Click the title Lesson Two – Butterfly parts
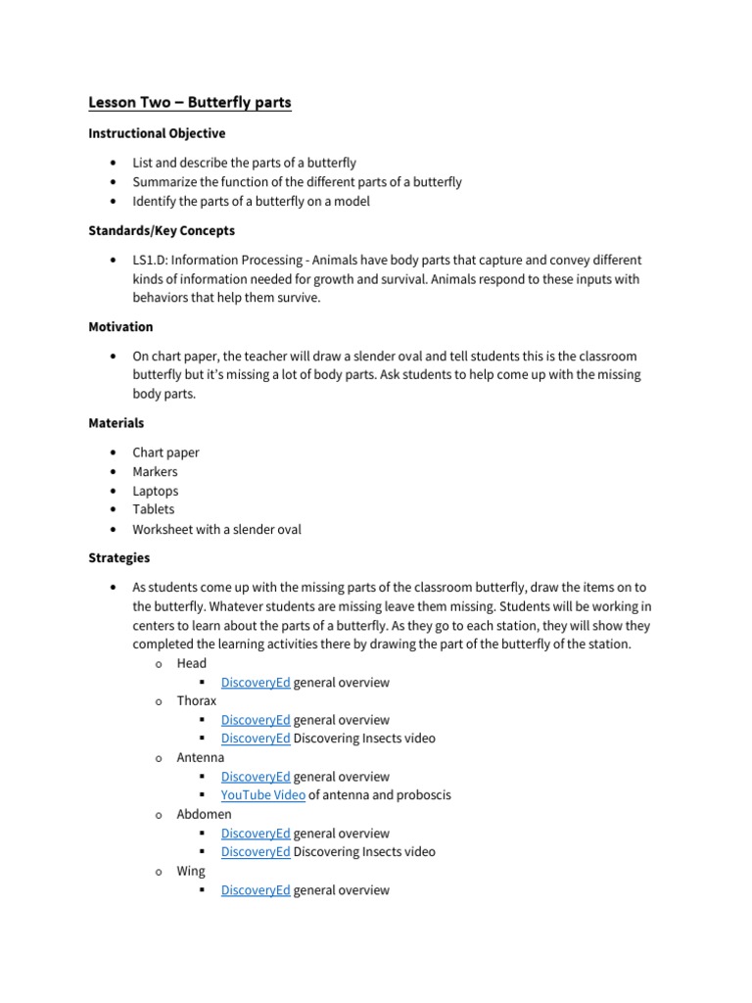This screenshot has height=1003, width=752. pyautogui.click(x=190, y=102)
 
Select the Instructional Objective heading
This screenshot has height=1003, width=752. pyautogui.click(x=157, y=133)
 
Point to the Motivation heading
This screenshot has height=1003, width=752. pyautogui.click(x=120, y=326)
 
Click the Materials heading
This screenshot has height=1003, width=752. pyautogui.click(x=117, y=423)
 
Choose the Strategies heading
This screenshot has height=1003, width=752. pyautogui.click(x=119, y=557)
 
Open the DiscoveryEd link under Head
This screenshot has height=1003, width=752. pyautogui.click(x=256, y=683)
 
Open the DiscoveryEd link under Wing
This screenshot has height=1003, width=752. pyautogui.click(x=256, y=890)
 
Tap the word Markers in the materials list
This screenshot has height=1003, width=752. pyautogui.click(x=156, y=471)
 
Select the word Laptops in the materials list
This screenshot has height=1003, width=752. pyautogui.click(x=156, y=491)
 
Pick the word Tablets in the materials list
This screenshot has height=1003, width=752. pyautogui.click(x=154, y=509)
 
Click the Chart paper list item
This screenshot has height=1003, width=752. pyautogui.click(x=166, y=453)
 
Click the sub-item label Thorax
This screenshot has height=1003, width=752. pyautogui.click(x=197, y=701)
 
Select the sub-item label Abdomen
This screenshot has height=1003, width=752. pyautogui.click(x=205, y=814)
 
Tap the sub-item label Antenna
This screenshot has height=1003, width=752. pyautogui.click(x=201, y=757)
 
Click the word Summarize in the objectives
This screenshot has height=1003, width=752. pyautogui.click(x=165, y=182)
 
